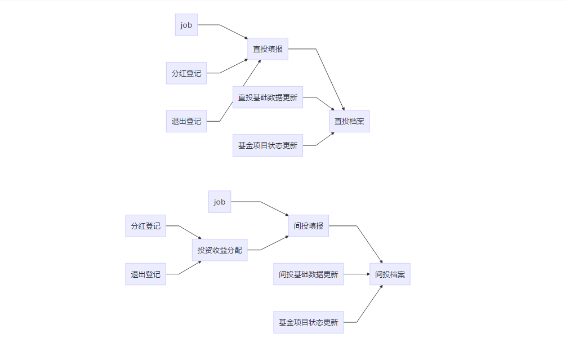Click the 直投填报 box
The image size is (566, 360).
(x=268, y=49)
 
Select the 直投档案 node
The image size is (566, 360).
(x=349, y=121)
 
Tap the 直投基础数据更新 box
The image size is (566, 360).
(x=268, y=97)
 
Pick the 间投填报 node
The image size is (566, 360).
(x=308, y=226)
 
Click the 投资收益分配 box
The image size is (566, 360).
(x=219, y=250)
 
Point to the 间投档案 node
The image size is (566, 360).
(x=390, y=274)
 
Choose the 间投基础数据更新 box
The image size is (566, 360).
(x=308, y=274)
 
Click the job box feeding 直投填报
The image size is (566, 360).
(x=186, y=25)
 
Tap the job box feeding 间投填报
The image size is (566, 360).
(x=219, y=202)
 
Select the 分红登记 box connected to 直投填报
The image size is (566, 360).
(x=186, y=73)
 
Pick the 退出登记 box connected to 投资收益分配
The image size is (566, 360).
(x=145, y=274)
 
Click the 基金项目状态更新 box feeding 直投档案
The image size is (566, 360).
(x=268, y=145)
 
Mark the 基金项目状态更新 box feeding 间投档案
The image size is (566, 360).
(x=308, y=322)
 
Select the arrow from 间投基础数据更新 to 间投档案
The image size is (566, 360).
(x=356, y=274)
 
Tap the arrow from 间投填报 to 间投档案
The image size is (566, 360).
(x=369, y=244)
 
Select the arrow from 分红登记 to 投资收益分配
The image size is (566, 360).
(x=189, y=232)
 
